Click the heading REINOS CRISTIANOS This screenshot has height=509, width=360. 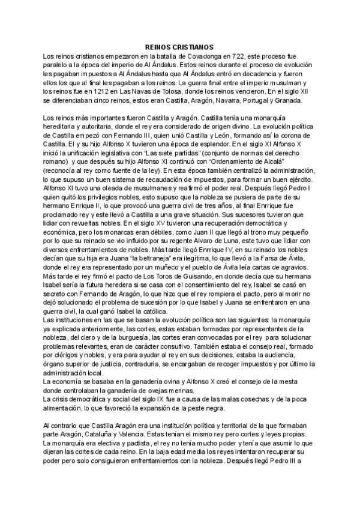179,47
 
